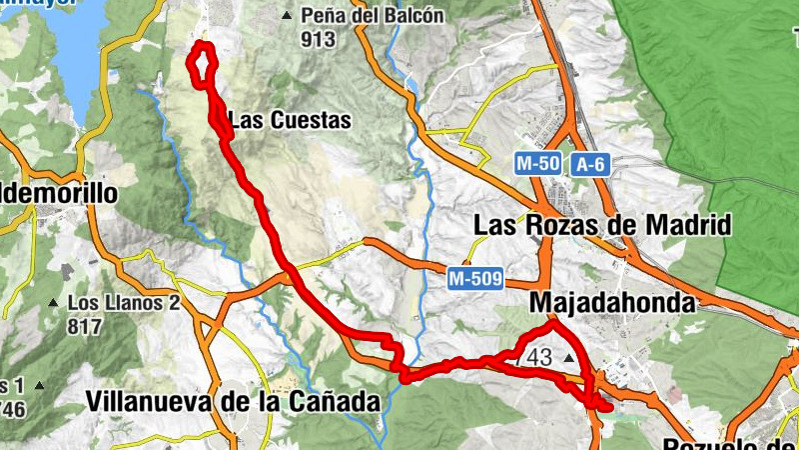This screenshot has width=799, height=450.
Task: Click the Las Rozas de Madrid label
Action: [x=602, y=224]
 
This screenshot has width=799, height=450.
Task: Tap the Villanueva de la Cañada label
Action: [x=234, y=402]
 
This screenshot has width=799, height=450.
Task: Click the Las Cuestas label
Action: [x=290, y=121]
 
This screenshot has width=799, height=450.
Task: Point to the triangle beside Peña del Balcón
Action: [x=288, y=16]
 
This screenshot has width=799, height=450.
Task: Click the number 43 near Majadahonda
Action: [x=539, y=357]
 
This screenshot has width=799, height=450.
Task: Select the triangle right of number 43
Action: [x=570, y=357]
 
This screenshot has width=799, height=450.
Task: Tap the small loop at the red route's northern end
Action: [x=203, y=63]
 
